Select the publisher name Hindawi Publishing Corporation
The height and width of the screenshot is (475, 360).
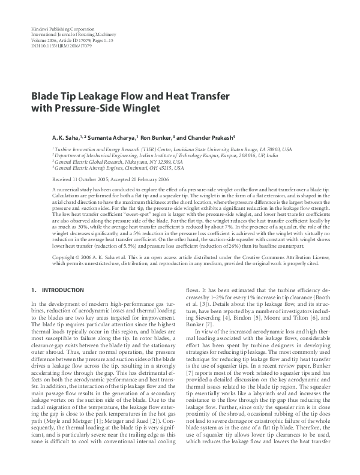(x=62, y=29)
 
